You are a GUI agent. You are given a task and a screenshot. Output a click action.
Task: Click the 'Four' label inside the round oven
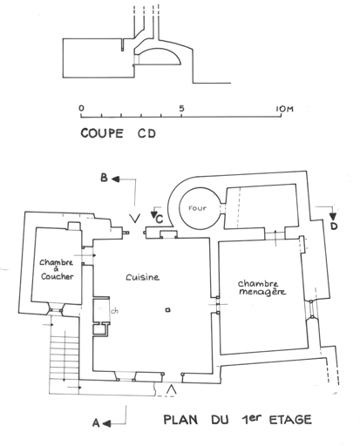point(197,208)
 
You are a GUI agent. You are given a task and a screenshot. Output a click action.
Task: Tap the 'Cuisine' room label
point(142,277)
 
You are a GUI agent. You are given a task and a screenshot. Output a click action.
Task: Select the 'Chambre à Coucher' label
point(57,269)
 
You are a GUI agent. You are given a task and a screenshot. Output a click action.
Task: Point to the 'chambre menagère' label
point(262,287)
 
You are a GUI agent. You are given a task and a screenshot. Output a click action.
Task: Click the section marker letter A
point(96,423)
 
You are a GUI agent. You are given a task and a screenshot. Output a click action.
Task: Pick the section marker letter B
point(104,178)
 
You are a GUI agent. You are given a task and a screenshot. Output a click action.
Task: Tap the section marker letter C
point(160,220)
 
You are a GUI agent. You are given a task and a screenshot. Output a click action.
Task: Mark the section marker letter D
point(334,226)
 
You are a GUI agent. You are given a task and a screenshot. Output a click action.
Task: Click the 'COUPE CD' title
point(119,133)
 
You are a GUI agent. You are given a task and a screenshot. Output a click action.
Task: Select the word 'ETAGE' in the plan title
point(290,420)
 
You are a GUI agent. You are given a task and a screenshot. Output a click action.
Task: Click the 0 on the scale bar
point(81,108)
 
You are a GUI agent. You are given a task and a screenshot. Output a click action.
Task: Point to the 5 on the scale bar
point(181,108)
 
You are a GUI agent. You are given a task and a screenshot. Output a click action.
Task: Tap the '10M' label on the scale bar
point(284,109)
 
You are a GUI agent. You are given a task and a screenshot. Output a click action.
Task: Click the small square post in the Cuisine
point(167,310)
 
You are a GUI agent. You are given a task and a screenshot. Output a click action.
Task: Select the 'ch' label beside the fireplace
point(115,311)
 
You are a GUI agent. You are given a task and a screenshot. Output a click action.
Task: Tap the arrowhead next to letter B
point(116,179)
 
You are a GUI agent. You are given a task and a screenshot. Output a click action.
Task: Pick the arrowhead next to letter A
point(106,424)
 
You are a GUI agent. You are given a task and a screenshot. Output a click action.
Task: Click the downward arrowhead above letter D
point(333,217)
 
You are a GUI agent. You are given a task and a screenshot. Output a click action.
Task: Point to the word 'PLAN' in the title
point(180,420)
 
